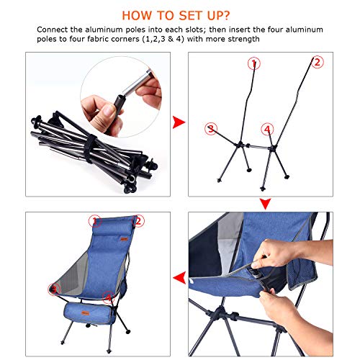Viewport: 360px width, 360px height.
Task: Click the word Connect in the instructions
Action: [54, 30]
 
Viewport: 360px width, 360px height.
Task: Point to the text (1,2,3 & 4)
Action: [186, 40]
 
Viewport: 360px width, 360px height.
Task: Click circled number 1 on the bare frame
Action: [253, 64]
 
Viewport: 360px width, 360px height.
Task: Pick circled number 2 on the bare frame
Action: [315, 63]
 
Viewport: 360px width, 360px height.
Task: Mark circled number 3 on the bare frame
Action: [211, 130]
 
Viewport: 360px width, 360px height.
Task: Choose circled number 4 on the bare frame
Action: [267, 130]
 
